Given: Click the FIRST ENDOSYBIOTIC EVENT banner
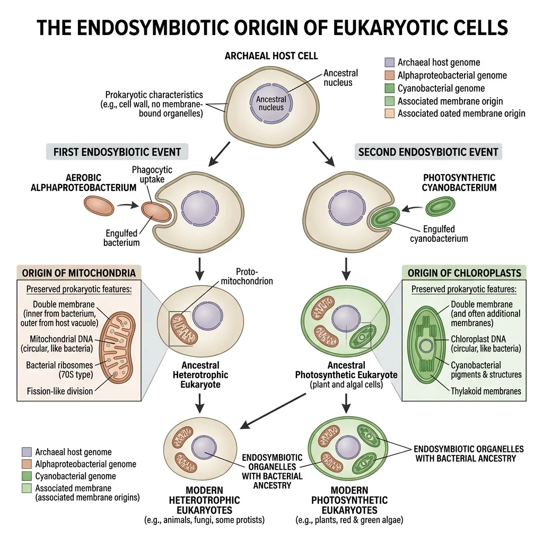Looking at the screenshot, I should coord(117,152).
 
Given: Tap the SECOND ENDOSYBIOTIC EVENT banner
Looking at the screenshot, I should coord(428,152).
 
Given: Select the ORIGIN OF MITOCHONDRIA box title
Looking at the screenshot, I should coord(78,273).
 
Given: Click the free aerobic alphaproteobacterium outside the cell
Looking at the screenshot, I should coord(99,206).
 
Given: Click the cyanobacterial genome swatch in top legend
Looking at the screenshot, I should coord(390,88).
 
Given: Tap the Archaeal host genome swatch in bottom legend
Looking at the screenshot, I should coord(27,452).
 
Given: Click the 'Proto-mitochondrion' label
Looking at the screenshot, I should coord(254,276).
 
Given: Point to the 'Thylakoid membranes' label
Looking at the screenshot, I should coord(486,391).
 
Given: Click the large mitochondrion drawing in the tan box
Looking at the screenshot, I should coord(117,348).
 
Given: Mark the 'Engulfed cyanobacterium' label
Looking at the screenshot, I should coord(439,234).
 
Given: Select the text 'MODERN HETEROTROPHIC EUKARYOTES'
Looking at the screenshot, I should coord(204,500).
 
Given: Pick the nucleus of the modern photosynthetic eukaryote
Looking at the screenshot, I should coord(346,446).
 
